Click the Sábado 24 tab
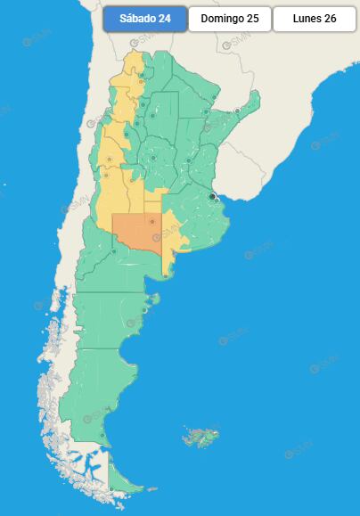(x=145, y=20)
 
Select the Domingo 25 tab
(x=229, y=20)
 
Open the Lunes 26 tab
(x=315, y=20)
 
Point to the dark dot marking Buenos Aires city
(x=212, y=196)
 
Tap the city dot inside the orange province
(x=152, y=221)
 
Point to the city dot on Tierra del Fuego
(x=110, y=488)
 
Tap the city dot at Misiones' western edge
(x=237, y=111)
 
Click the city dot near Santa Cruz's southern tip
(x=102, y=435)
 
